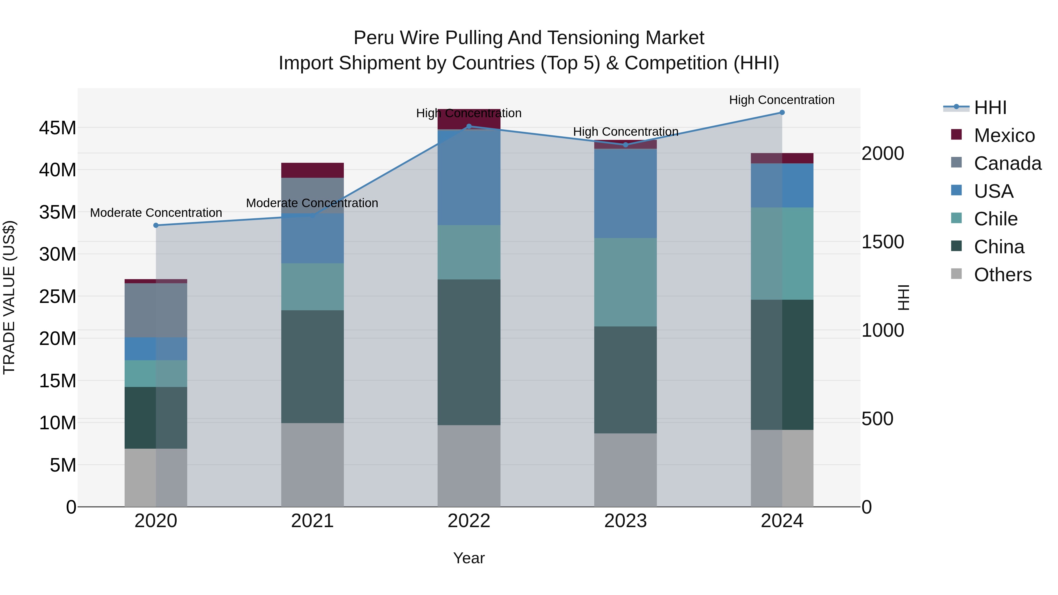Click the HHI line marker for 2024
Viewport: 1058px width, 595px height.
(782, 113)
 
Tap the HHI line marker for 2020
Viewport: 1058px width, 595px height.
(156, 225)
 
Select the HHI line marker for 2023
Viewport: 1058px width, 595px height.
(625, 145)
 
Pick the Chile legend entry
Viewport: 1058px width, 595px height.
(996, 219)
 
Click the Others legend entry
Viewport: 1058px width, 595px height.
(1002, 275)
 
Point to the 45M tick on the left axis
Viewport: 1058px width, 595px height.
(58, 128)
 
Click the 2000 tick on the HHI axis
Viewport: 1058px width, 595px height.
(882, 154)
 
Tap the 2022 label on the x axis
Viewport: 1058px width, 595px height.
(469, 521)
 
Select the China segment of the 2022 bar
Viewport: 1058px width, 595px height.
(469, 352)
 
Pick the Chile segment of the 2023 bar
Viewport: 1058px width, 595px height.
(625, 282)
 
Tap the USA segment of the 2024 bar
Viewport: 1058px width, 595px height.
(782, 186)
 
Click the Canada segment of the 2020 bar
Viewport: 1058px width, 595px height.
(156, 311)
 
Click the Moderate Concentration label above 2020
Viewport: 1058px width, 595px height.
(156, 213)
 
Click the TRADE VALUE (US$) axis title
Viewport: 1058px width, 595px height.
(9, 297)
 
